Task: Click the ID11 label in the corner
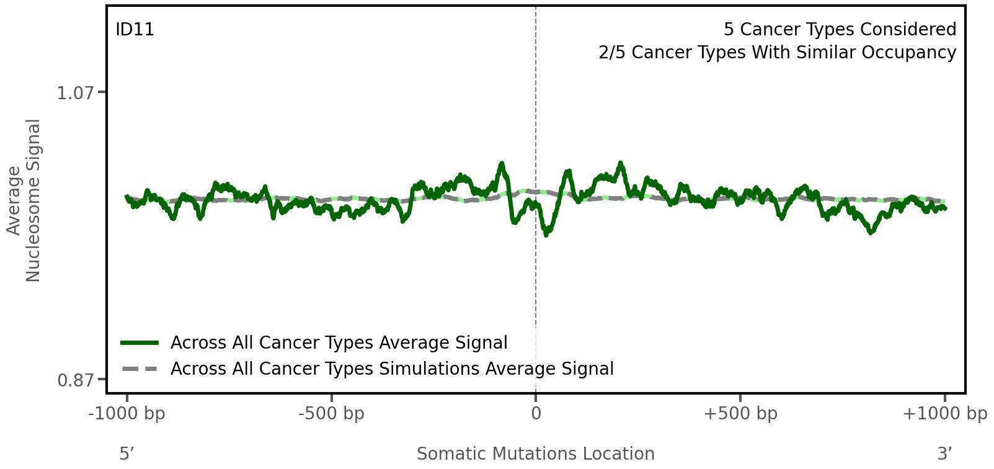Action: coord(135,30)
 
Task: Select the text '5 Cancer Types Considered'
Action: coord(840,30)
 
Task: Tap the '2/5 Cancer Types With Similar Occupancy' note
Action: coord(777,53)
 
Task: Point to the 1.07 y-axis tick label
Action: coord(76,93)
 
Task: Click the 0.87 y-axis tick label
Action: coord(76,380)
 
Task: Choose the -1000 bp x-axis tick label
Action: coord(127,414)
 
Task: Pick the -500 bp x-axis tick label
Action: coord(331,414)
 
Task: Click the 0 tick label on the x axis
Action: coord(536,414)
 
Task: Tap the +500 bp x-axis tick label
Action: coord(740,414)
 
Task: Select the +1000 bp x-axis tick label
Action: coord(944,414)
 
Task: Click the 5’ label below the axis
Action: coord(127,453)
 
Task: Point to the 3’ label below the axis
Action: coord(944,453)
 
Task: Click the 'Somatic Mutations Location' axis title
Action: coord(536,453)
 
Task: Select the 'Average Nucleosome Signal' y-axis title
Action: coord(24,200)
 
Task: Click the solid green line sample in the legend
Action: coord(140,342)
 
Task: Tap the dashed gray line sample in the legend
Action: coord(140,369)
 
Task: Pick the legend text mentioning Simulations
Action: coord(392,369)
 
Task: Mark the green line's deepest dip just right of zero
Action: coord(546,234)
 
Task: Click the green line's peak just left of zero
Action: coord(502,164)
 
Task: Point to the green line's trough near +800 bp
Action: coord(871,232)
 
